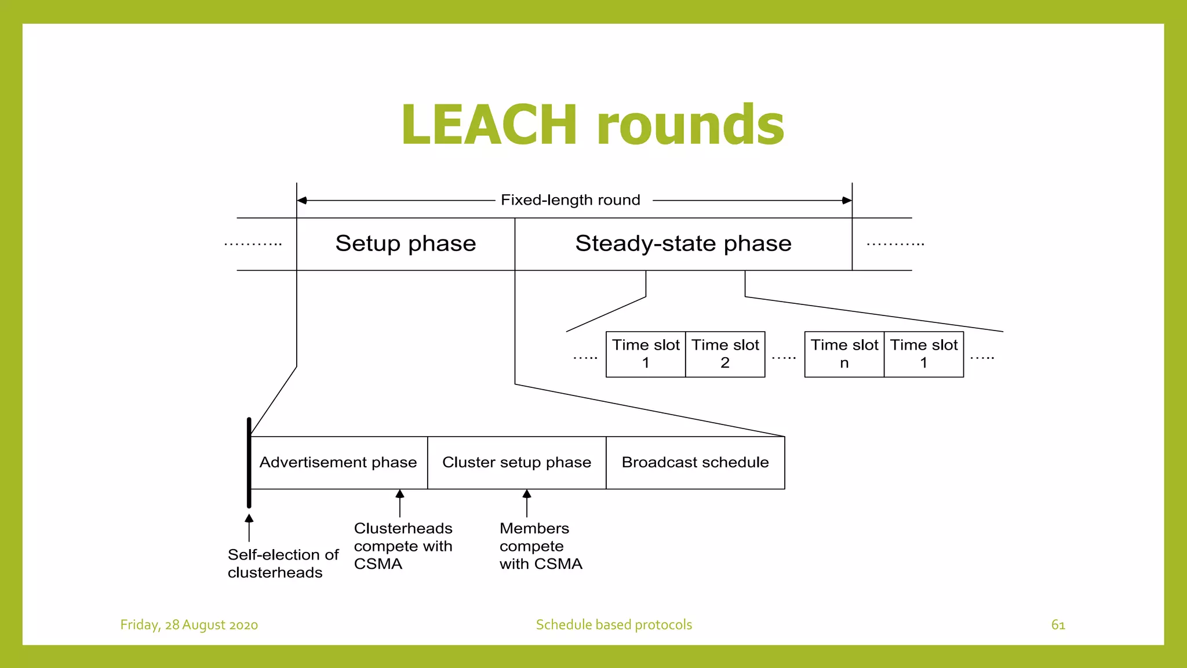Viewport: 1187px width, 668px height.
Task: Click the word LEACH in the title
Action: coord(489,125)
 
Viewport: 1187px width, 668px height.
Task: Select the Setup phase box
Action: coord(405,244)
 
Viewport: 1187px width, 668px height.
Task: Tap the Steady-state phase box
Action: coord(683,244)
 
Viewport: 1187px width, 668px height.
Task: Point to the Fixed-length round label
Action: coord(570,200)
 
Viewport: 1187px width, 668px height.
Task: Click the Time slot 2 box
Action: coord(725,354)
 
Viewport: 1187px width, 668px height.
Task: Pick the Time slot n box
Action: coord(844,354)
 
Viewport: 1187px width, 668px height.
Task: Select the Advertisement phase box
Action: coord(338,463)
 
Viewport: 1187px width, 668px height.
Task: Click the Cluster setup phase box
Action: coord(516,463)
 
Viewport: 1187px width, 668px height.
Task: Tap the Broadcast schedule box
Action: coord(695,463)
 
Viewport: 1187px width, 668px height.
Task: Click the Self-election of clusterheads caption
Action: coord(282,563)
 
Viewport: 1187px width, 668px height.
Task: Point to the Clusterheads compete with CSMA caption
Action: coord(403,546)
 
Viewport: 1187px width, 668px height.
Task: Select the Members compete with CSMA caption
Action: coord(540,546)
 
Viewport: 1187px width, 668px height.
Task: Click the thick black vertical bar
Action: coord(249,463)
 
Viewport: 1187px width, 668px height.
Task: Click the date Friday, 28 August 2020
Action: coord(189,625)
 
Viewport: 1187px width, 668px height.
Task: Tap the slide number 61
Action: coord(1058,625)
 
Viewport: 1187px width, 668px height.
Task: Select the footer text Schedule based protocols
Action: coord(614,625)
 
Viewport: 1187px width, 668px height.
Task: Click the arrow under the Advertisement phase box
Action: coord(400,503)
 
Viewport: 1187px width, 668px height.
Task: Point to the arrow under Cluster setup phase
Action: coord(527,503)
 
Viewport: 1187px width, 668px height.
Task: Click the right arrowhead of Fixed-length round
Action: coord(847,201)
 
